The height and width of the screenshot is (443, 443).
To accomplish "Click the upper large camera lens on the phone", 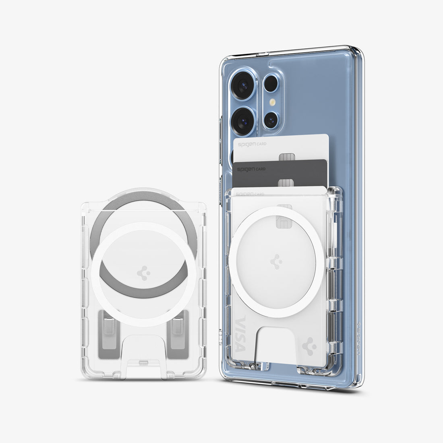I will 244,85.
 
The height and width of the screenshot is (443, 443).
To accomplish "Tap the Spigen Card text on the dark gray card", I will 251,169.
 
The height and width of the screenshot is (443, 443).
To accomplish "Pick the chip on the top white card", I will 286,157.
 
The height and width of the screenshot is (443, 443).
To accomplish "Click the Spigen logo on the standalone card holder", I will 144,273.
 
